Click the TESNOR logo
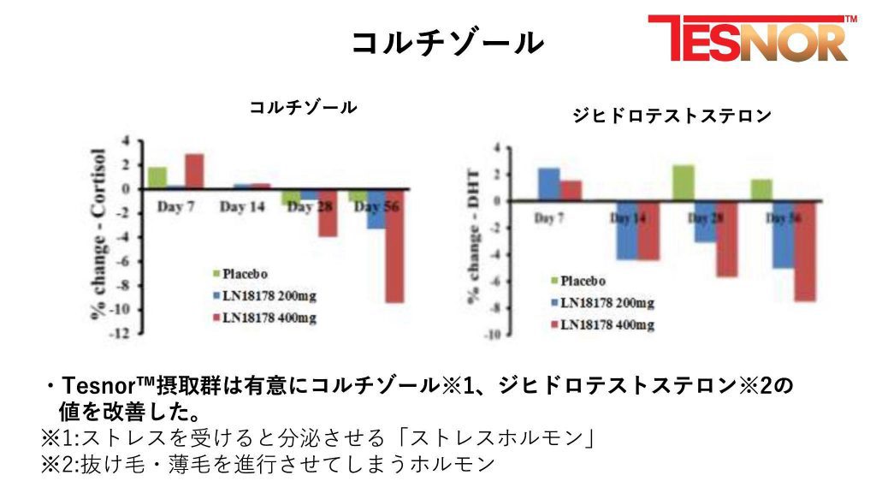point(751,39)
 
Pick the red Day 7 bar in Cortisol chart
point(194,170)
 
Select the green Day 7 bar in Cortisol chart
point(157,177)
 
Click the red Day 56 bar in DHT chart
point(804,251)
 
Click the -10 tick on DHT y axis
point(491,335)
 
